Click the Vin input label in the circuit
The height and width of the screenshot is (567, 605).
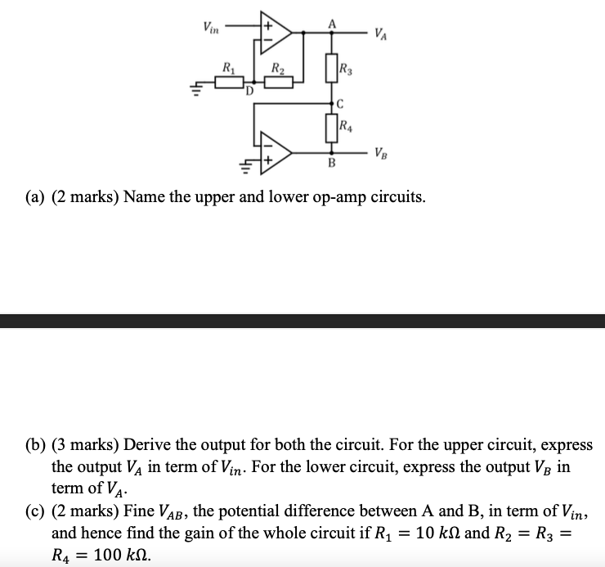pos(211,28)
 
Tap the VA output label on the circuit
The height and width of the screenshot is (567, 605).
pos(380,34)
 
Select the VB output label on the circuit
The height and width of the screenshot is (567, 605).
pos(380,153)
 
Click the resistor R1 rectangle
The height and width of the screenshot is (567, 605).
pos(229,83)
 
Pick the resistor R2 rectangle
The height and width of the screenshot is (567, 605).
pos(279,83)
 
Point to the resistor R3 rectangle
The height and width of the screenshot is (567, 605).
pos(331,68)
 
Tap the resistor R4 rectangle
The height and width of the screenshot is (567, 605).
pos(331,128)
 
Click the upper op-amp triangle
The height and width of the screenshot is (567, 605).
pos(276,33)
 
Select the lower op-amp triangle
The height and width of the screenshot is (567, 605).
pos(276,153)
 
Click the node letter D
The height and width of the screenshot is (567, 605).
pos(249,91)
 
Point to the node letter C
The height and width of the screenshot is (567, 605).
pos(340,104)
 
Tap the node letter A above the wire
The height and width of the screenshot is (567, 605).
pos(332,25)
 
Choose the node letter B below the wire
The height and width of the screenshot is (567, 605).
pos(331,163)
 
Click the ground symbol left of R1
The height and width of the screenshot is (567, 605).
pos(196,89)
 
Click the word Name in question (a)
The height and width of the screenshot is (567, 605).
pos(145,197)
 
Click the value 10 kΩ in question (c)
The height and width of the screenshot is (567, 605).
pos(439,533)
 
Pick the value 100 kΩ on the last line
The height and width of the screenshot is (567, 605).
pos(123,555)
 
